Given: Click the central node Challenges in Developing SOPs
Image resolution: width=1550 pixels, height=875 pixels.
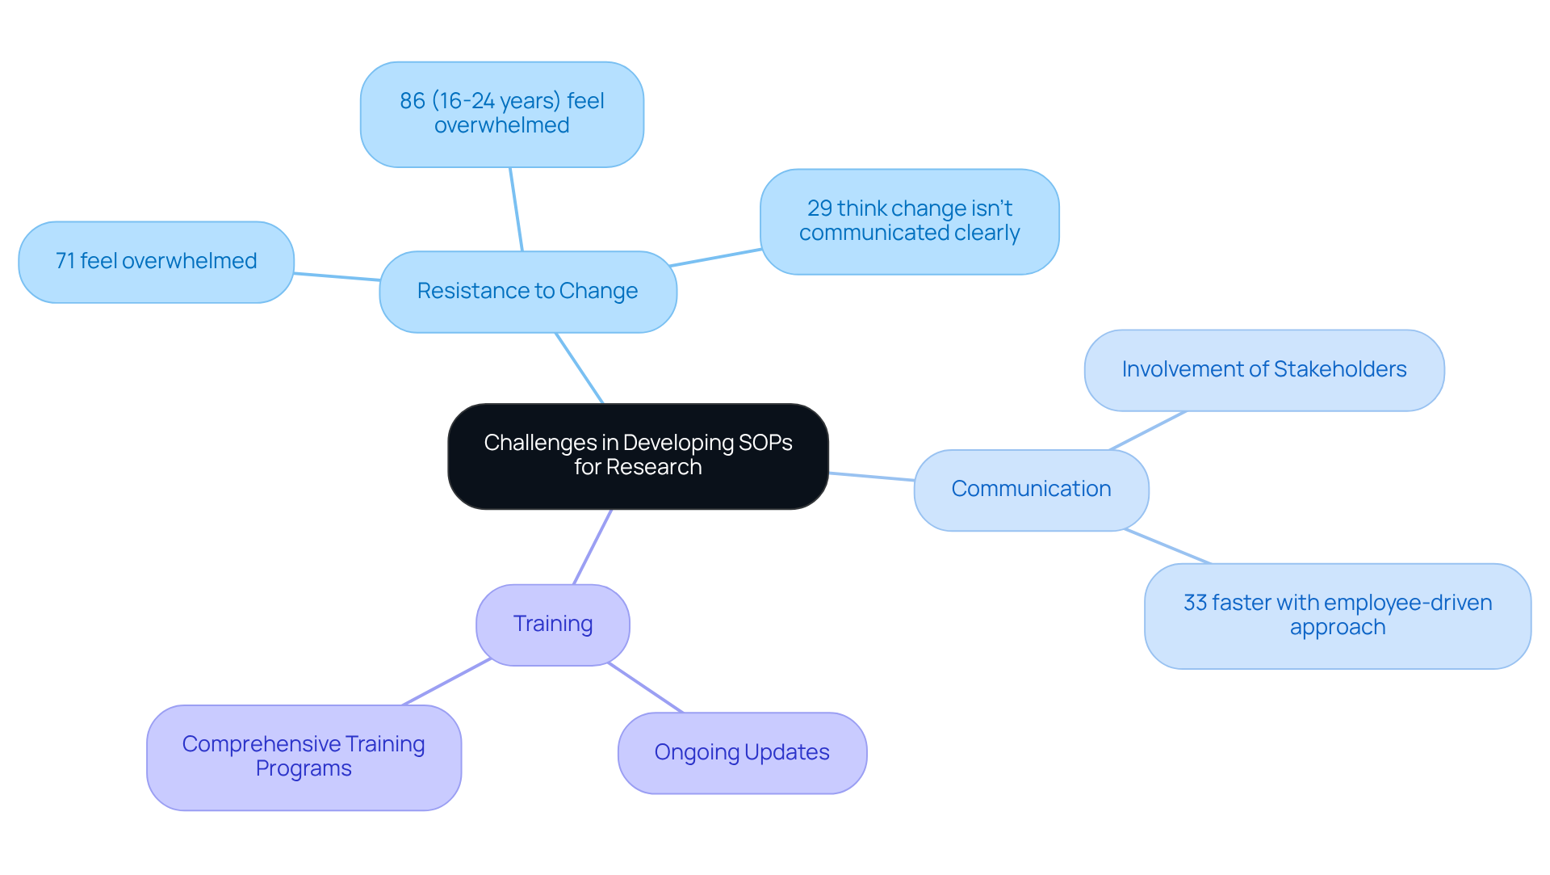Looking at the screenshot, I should click(638, 456).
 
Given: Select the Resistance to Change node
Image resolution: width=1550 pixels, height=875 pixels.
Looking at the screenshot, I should click(527, 291).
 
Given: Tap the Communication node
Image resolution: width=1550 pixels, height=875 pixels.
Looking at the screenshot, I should click(1031, 489).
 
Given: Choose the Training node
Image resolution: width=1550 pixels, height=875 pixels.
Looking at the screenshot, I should click(553, 624).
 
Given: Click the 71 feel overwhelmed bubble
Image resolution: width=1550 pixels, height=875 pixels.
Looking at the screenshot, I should click(156, 261).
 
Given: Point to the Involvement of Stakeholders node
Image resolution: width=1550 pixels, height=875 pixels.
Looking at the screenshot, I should click(1263, 369).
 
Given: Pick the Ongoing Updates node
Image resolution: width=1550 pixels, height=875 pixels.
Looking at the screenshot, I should click(742, 752).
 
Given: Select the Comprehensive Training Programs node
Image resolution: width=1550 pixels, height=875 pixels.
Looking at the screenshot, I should click(304, 756).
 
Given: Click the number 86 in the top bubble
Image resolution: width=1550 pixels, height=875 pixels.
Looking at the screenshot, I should click(412, 101).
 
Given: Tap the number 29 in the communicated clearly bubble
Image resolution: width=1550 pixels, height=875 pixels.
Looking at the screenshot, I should click(819, 208).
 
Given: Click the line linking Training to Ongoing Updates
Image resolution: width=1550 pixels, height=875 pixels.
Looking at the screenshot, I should click(646, 688).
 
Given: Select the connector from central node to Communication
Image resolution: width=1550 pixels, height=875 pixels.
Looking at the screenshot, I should click(872, 477).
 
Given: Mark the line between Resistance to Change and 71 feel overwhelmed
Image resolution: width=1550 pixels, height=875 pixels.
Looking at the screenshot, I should click(337, 277).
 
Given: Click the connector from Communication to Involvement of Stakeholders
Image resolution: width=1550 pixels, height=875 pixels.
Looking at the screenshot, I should click(1148, 431).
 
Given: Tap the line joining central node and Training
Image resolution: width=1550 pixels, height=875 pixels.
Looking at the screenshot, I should click(593, 547).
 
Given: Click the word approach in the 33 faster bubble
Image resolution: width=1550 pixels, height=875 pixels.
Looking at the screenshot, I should click(1337, 627).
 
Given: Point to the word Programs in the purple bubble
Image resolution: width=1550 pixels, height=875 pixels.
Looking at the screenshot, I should click(304, 768).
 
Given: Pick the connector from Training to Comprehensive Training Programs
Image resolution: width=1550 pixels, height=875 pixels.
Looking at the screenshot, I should click(446, 682).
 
